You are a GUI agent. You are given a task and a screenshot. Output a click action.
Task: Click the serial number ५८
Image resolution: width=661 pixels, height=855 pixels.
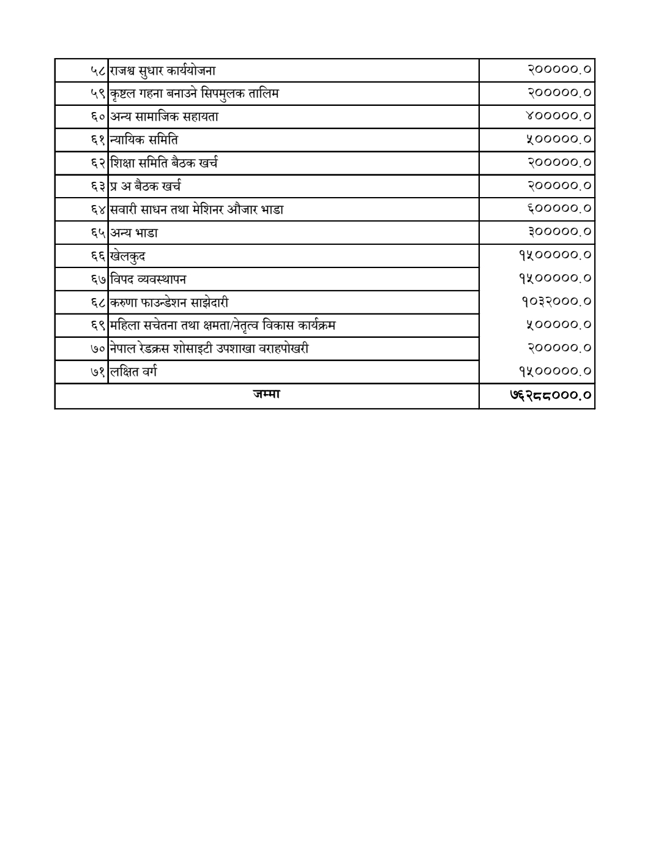click(99, 70)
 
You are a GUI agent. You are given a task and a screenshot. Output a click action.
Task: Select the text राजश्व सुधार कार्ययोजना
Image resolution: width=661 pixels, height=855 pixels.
click(163, 70)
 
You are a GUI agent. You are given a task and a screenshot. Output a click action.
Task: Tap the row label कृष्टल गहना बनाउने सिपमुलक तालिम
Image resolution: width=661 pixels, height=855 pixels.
click(195, 94)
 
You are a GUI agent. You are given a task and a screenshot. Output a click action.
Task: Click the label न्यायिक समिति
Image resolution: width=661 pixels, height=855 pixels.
click(144, 140)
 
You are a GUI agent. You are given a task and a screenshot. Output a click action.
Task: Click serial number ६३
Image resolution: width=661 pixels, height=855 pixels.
click(99, 187)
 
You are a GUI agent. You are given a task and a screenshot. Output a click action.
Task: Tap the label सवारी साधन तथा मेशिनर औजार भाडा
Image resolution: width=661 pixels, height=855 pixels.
click(197, 210)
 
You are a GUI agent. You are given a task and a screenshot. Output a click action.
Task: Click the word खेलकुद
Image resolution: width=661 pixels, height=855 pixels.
click(128, 256)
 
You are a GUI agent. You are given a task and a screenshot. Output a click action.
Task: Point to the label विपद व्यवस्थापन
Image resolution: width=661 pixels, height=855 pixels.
click(149, 280)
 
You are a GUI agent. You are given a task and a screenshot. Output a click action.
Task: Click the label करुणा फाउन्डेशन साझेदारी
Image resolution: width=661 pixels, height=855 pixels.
click(170, 303)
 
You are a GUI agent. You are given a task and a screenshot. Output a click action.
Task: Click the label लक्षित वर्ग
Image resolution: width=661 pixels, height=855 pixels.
click(134, 372)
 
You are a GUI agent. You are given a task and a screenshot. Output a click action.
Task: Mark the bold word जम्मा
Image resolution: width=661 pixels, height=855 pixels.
click(266, 395)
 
